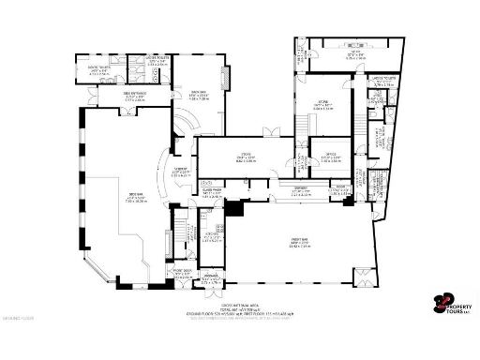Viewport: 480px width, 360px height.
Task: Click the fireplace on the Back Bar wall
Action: tap(223, 75)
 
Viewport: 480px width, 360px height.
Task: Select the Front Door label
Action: tap(183, 275)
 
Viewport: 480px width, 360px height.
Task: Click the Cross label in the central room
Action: tap(245, 157)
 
